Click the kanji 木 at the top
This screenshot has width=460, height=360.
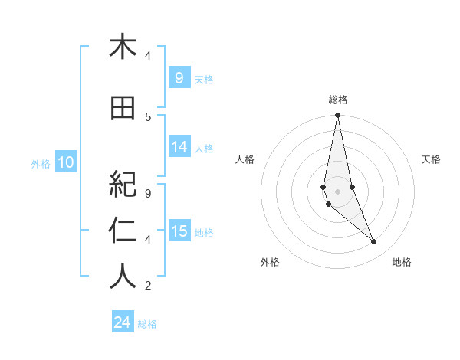click(x=123, y=47)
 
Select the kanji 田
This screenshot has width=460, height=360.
click(x=123, y=109)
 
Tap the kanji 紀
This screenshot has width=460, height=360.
click(x=123, y=184)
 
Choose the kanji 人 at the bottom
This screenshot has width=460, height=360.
click(x=123, y=276)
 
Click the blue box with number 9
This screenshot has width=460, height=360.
click(x=179, y=77)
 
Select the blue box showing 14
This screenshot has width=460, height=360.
click(x=179, y=148)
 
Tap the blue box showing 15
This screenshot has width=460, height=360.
click(x=179, y=232)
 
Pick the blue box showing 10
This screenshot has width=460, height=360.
click(x=65, y=162)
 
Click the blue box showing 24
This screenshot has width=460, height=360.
click(x=123, y=323)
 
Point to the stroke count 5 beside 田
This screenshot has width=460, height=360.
click(x=148, y=116)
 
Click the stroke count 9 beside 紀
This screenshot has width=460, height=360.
click(x=148, y=194)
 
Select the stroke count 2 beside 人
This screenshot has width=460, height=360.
click(x=148, y=286)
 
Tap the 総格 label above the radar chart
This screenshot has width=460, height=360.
click(x=337, y=100)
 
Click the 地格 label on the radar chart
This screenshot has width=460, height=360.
click(x=402, y=262)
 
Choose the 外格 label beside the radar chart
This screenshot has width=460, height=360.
click(x=270, y=262)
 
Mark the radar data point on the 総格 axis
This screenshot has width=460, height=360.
click(x=337, y=115)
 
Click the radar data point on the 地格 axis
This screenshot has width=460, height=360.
click(x=374, y=242)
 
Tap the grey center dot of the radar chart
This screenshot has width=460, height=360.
click(x=337, y=191)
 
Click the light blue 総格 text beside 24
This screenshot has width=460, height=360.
click(x=147, y=324)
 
